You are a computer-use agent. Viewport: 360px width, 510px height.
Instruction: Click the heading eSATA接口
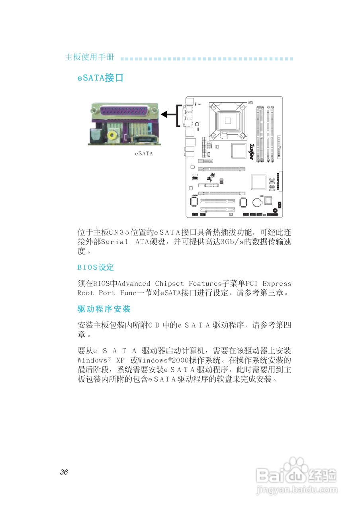coord(100,78)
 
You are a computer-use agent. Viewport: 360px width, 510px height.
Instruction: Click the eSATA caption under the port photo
coord(144,153)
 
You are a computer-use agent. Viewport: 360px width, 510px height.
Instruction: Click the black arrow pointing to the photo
coord(169,115)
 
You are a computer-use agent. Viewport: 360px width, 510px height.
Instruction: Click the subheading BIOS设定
coord(96,267)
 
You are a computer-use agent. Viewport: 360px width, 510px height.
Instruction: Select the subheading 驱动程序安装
coord(104,309)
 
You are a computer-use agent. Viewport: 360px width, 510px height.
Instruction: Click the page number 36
coord(64,473)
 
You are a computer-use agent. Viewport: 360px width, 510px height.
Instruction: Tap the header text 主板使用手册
coord(89,57)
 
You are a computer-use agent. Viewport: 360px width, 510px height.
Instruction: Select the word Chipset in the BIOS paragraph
coord(170,284)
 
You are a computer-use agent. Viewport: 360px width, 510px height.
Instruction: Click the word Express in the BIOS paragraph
coord(277,284)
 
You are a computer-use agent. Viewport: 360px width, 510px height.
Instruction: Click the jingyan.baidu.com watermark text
coord(296,489)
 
